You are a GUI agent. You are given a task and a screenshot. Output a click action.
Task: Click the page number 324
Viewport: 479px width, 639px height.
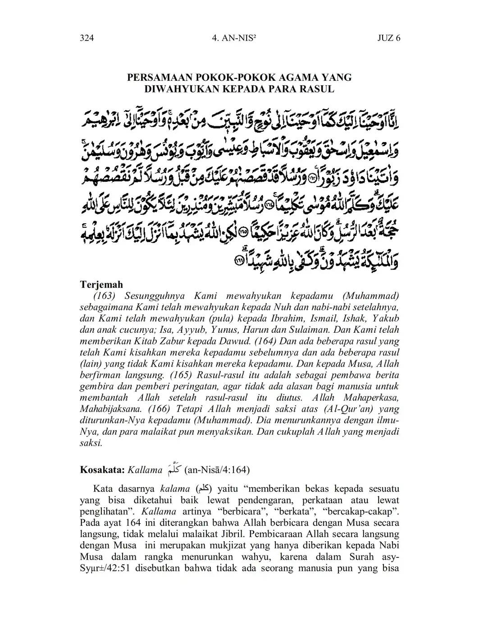87,38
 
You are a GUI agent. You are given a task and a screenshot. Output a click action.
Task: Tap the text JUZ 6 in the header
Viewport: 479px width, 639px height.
388,38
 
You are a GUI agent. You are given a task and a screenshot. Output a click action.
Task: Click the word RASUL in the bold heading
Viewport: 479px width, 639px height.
319,89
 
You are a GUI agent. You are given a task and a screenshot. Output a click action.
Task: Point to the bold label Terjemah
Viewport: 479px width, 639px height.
101,285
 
